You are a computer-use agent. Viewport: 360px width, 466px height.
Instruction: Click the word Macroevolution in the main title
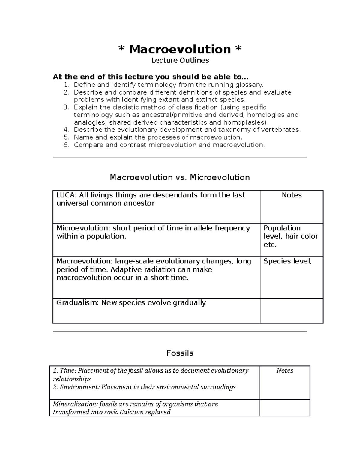tap(180, 49)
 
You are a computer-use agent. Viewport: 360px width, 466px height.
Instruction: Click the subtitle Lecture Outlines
tap(180, 60)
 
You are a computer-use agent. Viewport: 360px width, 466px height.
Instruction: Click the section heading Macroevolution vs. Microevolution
tap(180, 177)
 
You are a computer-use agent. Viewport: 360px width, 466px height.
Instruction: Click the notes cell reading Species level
tap(287, 261)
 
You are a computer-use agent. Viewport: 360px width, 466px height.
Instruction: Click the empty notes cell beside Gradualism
tap(291, 311)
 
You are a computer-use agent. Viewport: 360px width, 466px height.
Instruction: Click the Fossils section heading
tap(180, 353)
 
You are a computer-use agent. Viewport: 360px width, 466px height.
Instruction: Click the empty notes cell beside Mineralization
tap(284, 408)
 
